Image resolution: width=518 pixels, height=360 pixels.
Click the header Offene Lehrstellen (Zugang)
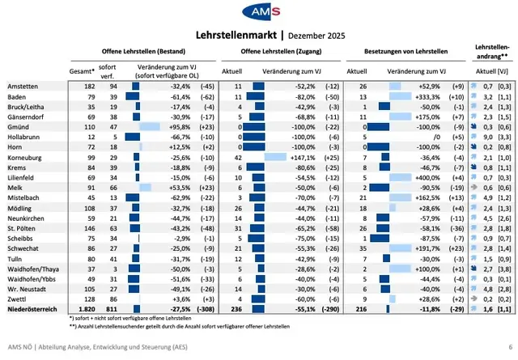point(280,49)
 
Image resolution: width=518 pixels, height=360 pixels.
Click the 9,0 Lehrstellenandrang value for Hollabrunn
point(488,138)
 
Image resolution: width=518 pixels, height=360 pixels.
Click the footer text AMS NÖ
point(19,348)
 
